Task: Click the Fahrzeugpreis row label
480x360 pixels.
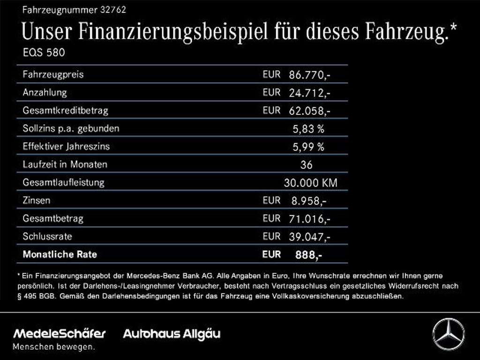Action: (53, 75)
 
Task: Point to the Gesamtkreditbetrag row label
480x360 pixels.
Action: (65, 111)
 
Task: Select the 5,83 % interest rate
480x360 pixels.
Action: (308, 129)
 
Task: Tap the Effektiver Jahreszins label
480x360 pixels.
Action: (66, 147)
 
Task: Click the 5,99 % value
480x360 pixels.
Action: (308, 147)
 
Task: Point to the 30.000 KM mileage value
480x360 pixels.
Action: (310, 183)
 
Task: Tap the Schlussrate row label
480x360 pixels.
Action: (47, 237)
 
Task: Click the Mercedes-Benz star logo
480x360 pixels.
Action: (448, 334)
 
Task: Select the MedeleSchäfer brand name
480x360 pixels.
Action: (60, 334)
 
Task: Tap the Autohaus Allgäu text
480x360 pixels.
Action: (172, 334)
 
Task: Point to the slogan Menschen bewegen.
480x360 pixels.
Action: (53, 347)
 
